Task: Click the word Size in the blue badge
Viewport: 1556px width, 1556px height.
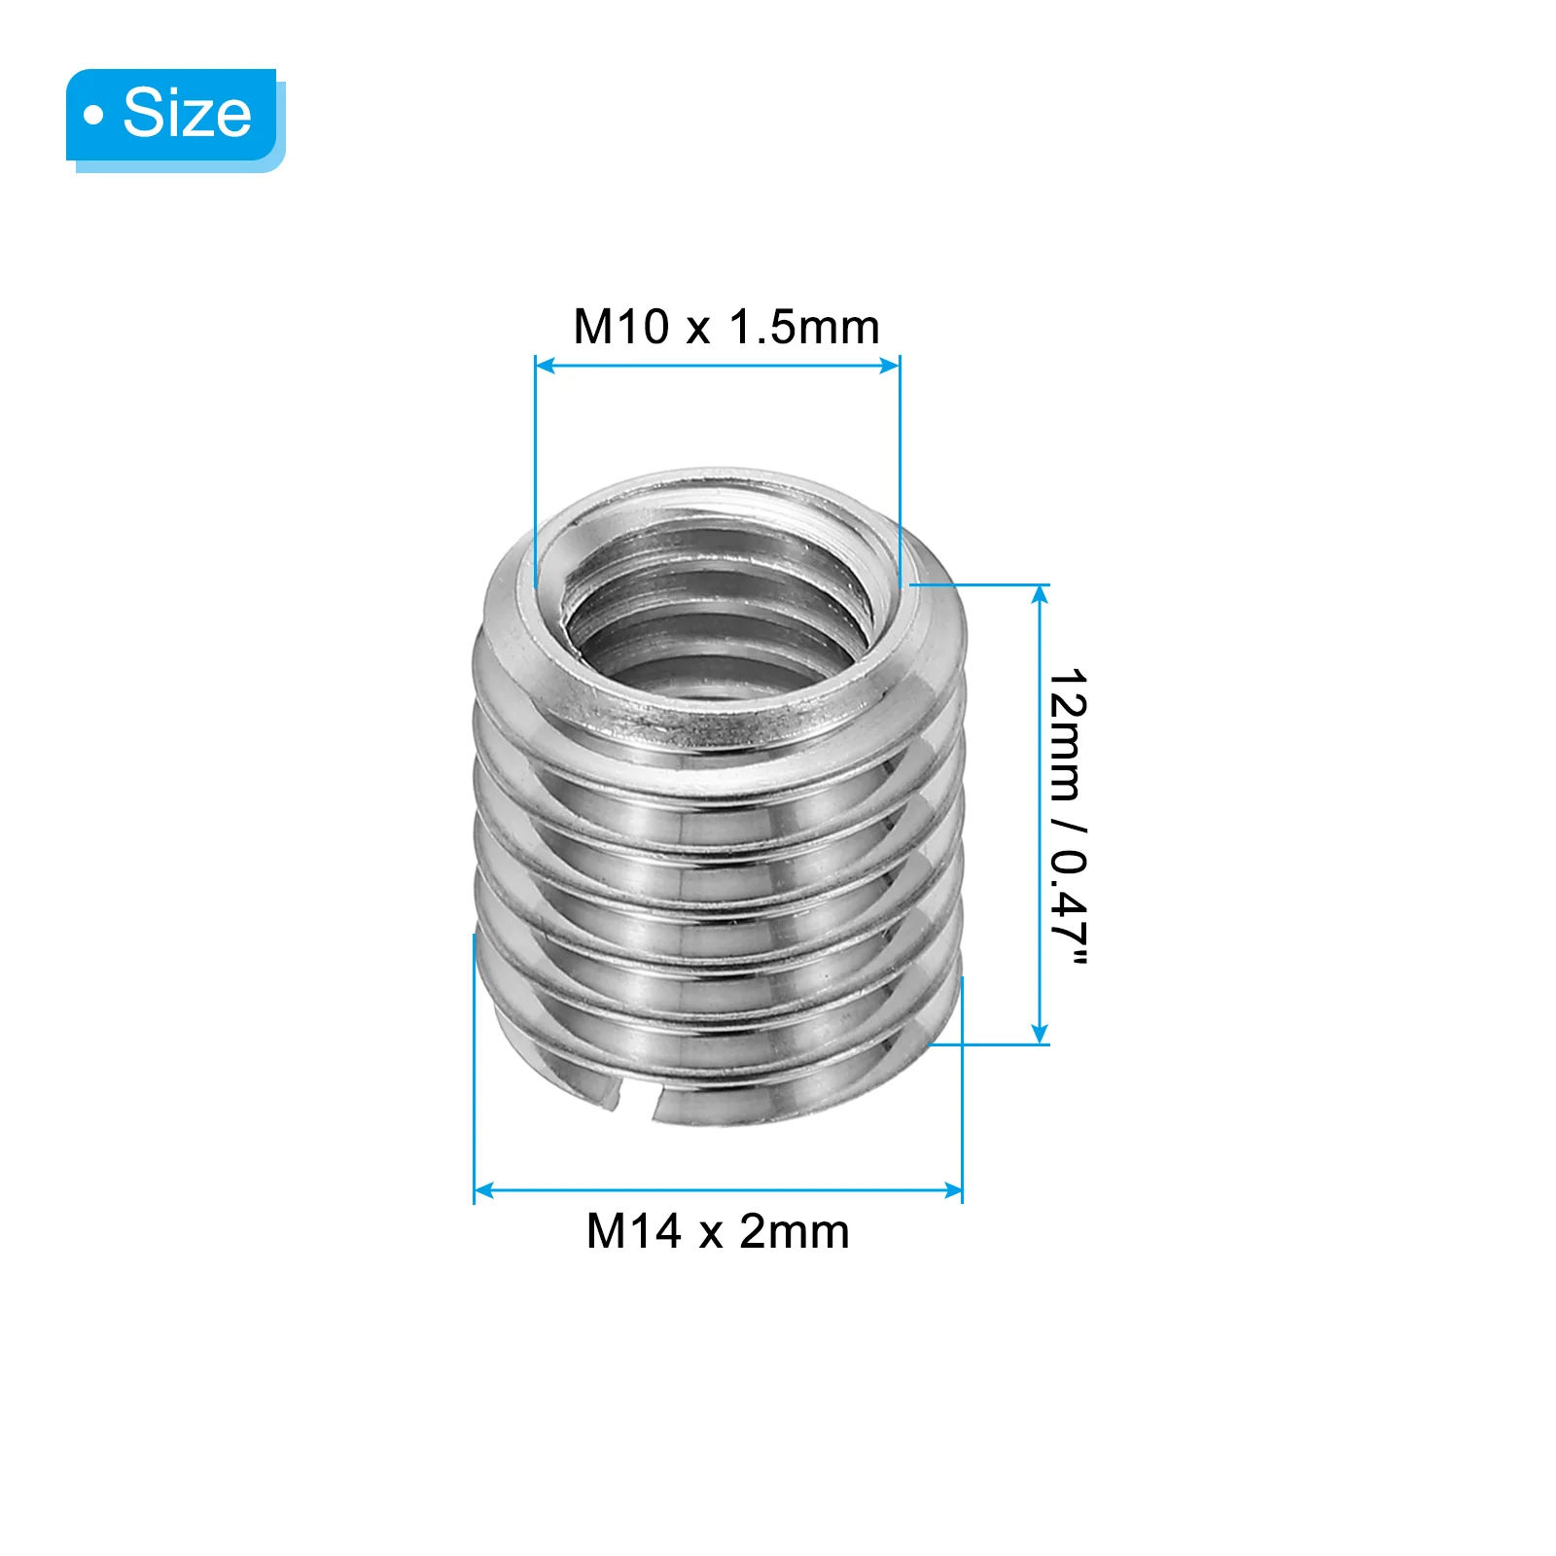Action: [187, 113]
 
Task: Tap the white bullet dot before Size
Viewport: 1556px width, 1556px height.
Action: [93, 115]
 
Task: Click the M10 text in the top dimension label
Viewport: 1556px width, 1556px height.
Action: [620, 327]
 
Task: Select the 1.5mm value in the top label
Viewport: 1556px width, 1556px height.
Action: [804, 327]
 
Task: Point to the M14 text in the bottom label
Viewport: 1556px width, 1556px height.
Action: [633, 1231]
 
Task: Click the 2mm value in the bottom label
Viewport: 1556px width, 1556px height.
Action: [795, 1231]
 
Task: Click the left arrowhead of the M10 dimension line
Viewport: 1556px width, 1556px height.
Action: [546, 366]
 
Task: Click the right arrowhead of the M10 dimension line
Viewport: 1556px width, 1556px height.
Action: [889, 366]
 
